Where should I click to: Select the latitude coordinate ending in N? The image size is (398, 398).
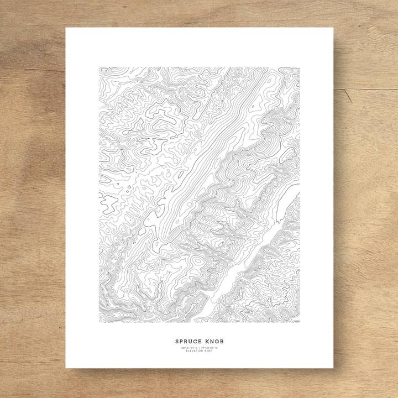pyautogui.click(x=189, y=347)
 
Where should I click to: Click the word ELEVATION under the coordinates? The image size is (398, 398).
pyautogui.click(x=195, y=351)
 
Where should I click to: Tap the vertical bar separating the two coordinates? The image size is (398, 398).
pyautogui.click(x=200, y=347)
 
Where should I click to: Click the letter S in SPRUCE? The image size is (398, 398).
pyautogui.click(x=176, y=341)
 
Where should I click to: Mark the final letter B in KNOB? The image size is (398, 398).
pyautogui.click(x=223, y=341)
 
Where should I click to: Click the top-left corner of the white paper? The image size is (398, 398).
pyautogui.click(x=66, y=28)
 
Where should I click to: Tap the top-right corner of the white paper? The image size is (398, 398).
pyautogui.click(x=333, y=28)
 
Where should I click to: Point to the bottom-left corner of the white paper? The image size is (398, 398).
pyautogui.click(x=66, y=368)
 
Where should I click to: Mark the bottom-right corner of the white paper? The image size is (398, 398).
pyautogui.click(x=333, y=368)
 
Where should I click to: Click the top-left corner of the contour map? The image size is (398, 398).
pyautogui.click(x=99, y=67)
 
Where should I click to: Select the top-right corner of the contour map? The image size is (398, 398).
pyautogui.click(x=300, y=67)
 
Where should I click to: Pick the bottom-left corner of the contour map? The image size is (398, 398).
pyautogui.click(x=99, y=322)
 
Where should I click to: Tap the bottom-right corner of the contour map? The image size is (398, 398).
pyautogui.click(x=300, y=322)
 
